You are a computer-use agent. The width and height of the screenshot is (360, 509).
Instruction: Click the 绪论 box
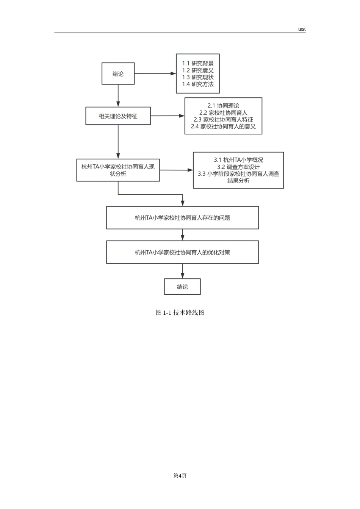[x=118, y=73]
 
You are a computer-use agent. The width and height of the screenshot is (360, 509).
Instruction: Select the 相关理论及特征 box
[x=118, y=116]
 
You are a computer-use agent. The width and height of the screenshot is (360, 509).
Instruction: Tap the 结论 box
[x=182, y=287]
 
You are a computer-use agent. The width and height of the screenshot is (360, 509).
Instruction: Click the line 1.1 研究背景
[x=198, y=63]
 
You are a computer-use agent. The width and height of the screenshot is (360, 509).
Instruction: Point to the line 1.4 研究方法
[x=198, y=84]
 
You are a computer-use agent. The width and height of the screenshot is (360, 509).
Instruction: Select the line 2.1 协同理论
[x=223, y=106]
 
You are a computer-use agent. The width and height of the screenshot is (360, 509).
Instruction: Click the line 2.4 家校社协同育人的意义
[x=223, y=126]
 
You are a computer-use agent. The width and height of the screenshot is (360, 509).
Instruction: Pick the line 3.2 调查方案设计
[x=238, y=167]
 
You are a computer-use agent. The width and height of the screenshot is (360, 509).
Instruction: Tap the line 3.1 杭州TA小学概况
[x=238, y=160]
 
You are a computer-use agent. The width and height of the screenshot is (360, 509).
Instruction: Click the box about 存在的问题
[x=182, y=218]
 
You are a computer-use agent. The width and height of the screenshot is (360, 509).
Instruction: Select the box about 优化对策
[x=182, y=252]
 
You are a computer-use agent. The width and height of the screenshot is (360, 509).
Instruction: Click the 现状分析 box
[x=118, y=170]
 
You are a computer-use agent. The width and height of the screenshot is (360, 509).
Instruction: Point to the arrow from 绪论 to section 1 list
[x=155, y=73]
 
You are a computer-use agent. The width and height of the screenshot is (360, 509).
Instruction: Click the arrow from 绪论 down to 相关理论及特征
[x=118, y=96]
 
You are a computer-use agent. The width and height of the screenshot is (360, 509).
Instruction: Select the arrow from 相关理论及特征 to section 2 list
[x=167, y=116]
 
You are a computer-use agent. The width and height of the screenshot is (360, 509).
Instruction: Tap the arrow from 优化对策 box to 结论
[x=182, y=271]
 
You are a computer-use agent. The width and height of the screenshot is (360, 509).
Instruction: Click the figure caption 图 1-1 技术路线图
[x=180, y=312]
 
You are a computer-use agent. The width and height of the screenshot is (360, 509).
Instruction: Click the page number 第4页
[x=180, y=476]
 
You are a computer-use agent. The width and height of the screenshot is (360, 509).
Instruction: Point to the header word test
[x=302, y=29]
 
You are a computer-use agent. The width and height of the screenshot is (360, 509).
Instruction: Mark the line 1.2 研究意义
[x=198, y=70]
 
